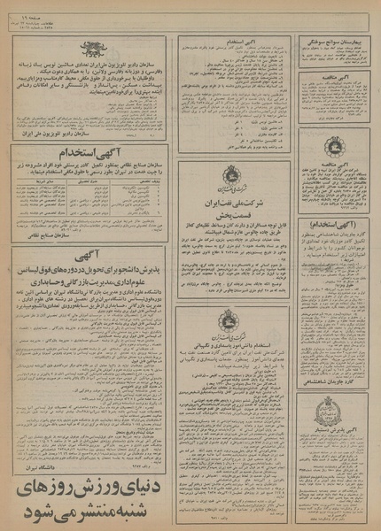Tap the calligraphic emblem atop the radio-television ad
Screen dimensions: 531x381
tap(88, 49)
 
